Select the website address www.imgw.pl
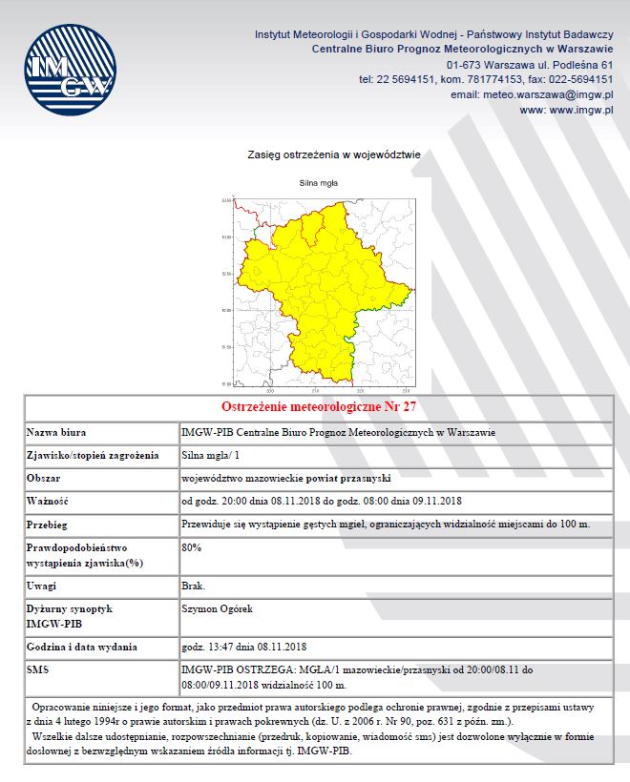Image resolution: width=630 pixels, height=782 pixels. (x=566, y=111)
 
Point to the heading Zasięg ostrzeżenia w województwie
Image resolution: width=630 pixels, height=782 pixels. (x=333, y=153)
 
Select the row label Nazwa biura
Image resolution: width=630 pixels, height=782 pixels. (x=58, y=433)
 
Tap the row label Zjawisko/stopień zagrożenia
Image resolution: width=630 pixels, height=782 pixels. (x=92, y=455)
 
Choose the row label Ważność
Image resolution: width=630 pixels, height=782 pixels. (x=49, y=502)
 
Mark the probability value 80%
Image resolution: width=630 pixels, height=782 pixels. (x=191, y=547)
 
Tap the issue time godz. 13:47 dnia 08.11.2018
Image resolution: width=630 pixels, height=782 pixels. (x=242, y=647)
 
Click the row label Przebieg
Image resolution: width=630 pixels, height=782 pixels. (x=49, y=525)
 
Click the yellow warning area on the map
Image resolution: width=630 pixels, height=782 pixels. (x=315, y=286)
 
